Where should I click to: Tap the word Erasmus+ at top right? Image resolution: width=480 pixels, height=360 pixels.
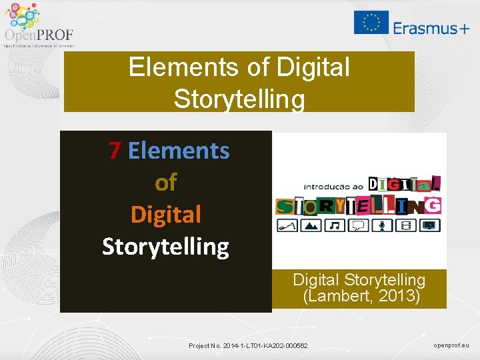[x=431, y=28]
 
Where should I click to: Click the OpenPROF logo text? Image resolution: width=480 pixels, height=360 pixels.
[x=39, y=35]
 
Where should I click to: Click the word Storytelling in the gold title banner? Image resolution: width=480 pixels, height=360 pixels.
[x=239, y=99]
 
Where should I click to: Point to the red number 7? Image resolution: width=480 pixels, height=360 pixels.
[x=115, y=151]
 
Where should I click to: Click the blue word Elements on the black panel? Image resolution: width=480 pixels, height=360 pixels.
[x=179, y=151]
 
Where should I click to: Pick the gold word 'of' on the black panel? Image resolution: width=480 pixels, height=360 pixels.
[x=165, y=183]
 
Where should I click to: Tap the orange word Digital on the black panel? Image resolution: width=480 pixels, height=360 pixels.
[x=165, y=215]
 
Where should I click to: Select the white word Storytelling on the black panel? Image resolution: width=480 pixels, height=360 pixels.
[x=165, y=247]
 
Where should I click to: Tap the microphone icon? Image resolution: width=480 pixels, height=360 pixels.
[x=382, y=225]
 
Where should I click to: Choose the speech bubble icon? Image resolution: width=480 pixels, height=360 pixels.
[x=359, y=225]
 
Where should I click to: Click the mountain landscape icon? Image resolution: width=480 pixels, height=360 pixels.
[x=311, y=225]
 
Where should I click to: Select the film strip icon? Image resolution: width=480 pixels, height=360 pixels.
[x=405, y=225]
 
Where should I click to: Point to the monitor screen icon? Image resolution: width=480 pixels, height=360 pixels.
[x=430, y=225]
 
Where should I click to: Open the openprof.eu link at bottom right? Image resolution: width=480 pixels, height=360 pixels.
[x=451, y=345]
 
